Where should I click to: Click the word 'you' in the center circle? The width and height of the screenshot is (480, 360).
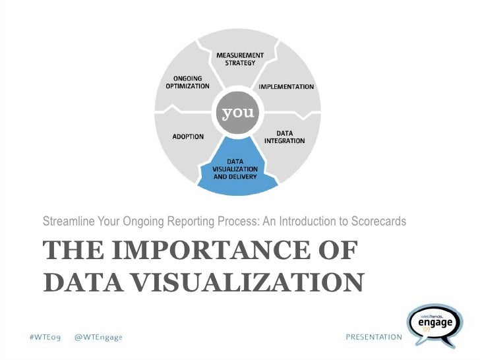coord(238,112)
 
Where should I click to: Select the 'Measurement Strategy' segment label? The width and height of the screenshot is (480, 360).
coord(241,58)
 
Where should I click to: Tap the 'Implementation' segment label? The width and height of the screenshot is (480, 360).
coord(285,87)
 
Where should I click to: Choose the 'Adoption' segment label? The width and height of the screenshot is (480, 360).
coord(188,136)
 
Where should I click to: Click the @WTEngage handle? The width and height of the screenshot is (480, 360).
coord(99,336)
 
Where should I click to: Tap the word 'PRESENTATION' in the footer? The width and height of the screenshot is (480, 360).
coord(374,336)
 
